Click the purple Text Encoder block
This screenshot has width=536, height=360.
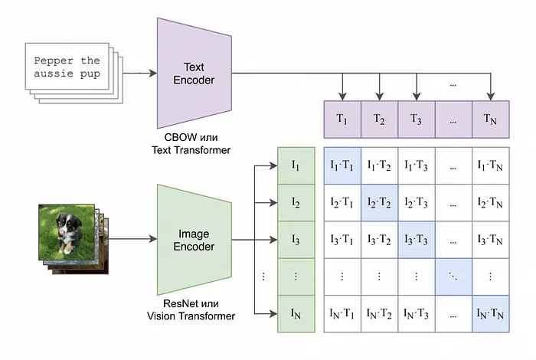click(194, 74)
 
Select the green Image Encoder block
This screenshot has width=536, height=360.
click(194, 240)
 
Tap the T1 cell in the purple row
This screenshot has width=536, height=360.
click(342, 119)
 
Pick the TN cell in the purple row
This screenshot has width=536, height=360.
click(491, 119)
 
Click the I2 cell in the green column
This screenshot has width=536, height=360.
click(296, 203)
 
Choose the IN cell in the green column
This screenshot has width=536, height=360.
click(296, 314)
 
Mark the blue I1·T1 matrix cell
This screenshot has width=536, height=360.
click(342, 165)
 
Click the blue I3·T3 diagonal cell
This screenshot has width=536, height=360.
click(417, 240)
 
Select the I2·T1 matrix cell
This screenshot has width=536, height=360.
click(342, 203)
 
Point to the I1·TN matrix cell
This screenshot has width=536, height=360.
click(491, 165)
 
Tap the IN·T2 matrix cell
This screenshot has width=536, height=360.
click(380, 314)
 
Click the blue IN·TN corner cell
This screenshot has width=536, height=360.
click(491, 314)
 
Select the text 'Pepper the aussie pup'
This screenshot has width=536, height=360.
click(67, 67)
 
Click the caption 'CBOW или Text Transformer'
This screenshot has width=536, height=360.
click(191, 143)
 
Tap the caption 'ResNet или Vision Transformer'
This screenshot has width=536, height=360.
click(191, 309)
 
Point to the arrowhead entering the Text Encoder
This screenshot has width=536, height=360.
click(153, 73)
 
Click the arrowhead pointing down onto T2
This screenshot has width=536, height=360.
click(380, 97)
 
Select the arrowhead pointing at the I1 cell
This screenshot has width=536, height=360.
click(273, 165)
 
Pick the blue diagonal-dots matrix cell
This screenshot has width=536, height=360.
click(453, 277)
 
